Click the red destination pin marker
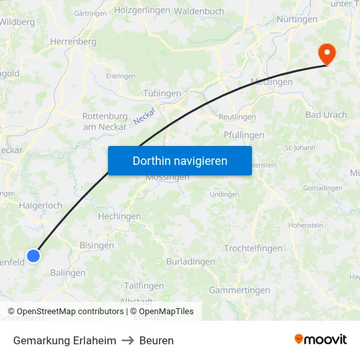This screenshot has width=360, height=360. pyautogui.click(x=325, y=53)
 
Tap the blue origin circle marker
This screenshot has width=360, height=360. pyautogui.click(x=33, y=255)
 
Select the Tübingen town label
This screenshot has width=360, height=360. pyautogui.click(x=162, y=94)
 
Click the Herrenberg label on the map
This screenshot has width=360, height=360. pyautogui.click(x=73, y=41)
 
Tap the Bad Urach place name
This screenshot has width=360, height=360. pyautogui.click(x=326, y=115)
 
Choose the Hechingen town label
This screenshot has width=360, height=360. pyautogui.click(x=119, y=217)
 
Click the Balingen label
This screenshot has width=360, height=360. pyautogui.click(x=68, y=273)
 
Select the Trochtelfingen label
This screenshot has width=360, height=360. pyautogui.click(x=253, y=248)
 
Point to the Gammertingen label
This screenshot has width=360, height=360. pyautogui.click(x=239, y=290)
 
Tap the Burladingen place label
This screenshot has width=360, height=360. pyautogui.click(x=190, y=262)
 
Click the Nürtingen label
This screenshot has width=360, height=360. pyautogui.click(x=297, y=19)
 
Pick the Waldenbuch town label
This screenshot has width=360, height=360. pyautogui.click(x=199, y=11)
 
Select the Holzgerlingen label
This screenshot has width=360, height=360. pyautogui.click(x=142, y=10)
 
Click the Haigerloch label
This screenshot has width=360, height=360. pyautogui.click(x=41, y=206)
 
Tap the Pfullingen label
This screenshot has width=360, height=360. pyautogui.click(x=244, y=135)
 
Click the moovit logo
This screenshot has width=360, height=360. pyautogui.click(x=321, y=340)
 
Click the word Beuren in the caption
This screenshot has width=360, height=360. pyautogui.click(x=156, y=340)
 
